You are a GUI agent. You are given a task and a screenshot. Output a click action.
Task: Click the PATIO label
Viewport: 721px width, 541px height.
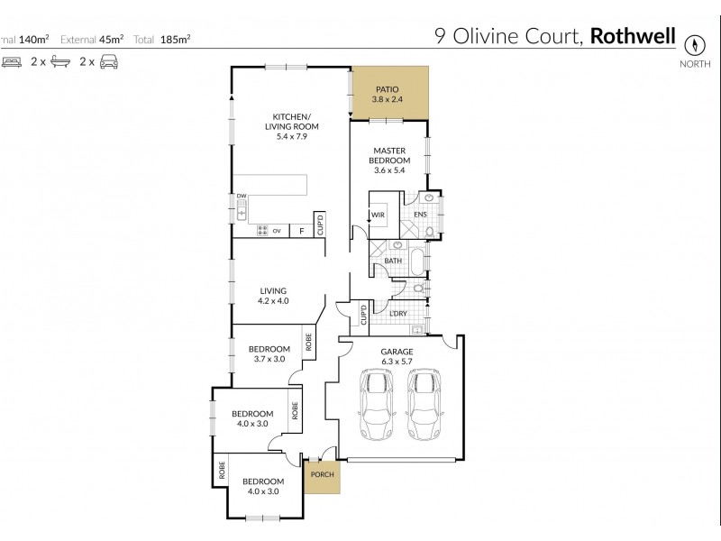coord(388,90)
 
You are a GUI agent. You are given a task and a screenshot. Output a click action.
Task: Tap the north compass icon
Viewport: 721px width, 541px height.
coord(695,44)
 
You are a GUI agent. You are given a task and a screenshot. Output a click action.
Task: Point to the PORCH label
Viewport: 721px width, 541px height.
coord(322,475)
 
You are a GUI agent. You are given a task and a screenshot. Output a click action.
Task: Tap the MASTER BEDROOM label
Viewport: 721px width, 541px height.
coord(388,155)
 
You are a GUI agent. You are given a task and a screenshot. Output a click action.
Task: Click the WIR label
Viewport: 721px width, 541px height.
coord(379,215)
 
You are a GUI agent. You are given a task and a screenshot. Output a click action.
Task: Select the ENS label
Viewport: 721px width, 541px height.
coord(419,215)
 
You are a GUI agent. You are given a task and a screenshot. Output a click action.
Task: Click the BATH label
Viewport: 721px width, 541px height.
coord(393,261)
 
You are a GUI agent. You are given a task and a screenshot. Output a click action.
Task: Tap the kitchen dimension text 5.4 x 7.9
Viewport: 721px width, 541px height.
coord(291,136)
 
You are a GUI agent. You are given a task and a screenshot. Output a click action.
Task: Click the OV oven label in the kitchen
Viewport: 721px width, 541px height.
coord(277,230)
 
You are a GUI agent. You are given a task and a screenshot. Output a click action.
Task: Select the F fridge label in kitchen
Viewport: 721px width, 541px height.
coord(300,230)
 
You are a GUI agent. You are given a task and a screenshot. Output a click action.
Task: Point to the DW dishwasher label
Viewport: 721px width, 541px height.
coord(242,196)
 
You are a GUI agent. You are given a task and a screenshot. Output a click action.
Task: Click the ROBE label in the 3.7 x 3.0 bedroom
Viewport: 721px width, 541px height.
coord(308,343)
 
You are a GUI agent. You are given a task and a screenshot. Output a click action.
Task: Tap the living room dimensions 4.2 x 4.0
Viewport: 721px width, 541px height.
coord(273,301)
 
